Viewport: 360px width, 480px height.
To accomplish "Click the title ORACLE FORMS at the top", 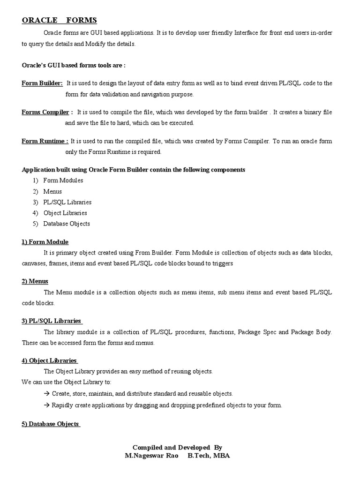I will (x=59, y=20).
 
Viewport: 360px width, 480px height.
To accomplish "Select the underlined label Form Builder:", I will (x=42, y=83).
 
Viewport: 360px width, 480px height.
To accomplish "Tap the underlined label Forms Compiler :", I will (x=47, y=112).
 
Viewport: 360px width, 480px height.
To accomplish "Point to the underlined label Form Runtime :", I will (x=45, y=141).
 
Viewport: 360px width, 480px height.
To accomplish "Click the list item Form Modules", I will (x=63, y=180).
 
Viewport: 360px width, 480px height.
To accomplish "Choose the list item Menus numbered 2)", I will (x=52, y=191).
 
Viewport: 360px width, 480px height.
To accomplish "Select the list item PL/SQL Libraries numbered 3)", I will (x=67, y=202).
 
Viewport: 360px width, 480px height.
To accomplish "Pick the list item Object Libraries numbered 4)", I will (x=65, y=213).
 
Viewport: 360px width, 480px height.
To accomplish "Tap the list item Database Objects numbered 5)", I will (x=67, y=224).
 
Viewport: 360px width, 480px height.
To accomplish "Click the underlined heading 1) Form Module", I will (x=45, y=242).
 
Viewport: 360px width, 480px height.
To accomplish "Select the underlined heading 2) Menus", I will (x=35, y=281).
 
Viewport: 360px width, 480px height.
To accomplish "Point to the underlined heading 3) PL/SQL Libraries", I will (x=52, y=321).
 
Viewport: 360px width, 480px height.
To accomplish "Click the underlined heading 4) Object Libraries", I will (x=49, y=360).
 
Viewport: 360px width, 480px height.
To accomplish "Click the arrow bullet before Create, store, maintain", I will (x=47, y=394).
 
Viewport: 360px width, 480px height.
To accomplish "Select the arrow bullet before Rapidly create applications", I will (x=47, y=405).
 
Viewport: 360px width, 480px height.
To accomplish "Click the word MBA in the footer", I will (x=222, y=455).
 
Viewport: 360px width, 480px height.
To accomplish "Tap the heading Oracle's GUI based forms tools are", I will (x=74, y=65).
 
